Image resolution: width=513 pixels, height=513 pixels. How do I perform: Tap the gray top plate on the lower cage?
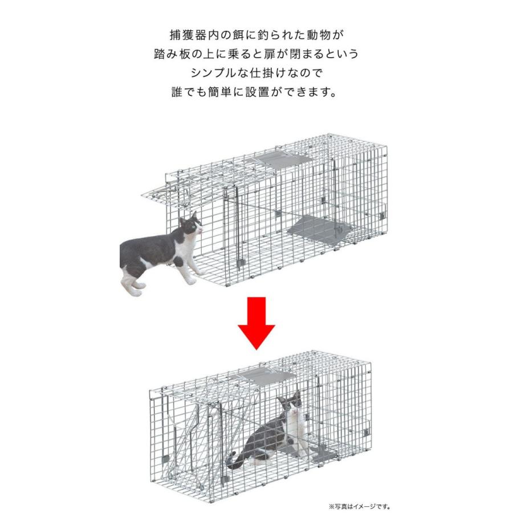[x=266, y=378]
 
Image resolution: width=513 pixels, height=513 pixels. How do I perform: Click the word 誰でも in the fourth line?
[x=190, y=92]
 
